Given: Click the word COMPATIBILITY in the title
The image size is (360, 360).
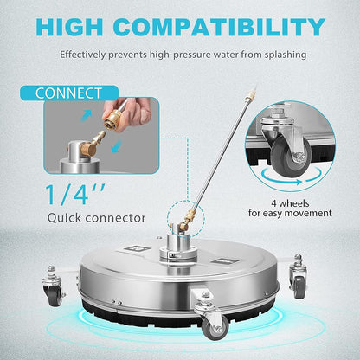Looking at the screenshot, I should [x=227, y=26].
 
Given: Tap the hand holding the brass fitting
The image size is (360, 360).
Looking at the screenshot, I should [x=137, y=113].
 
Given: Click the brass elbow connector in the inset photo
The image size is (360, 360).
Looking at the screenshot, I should [x=90, y=139].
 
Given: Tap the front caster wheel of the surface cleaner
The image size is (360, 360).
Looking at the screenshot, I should [x=213, y=324].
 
